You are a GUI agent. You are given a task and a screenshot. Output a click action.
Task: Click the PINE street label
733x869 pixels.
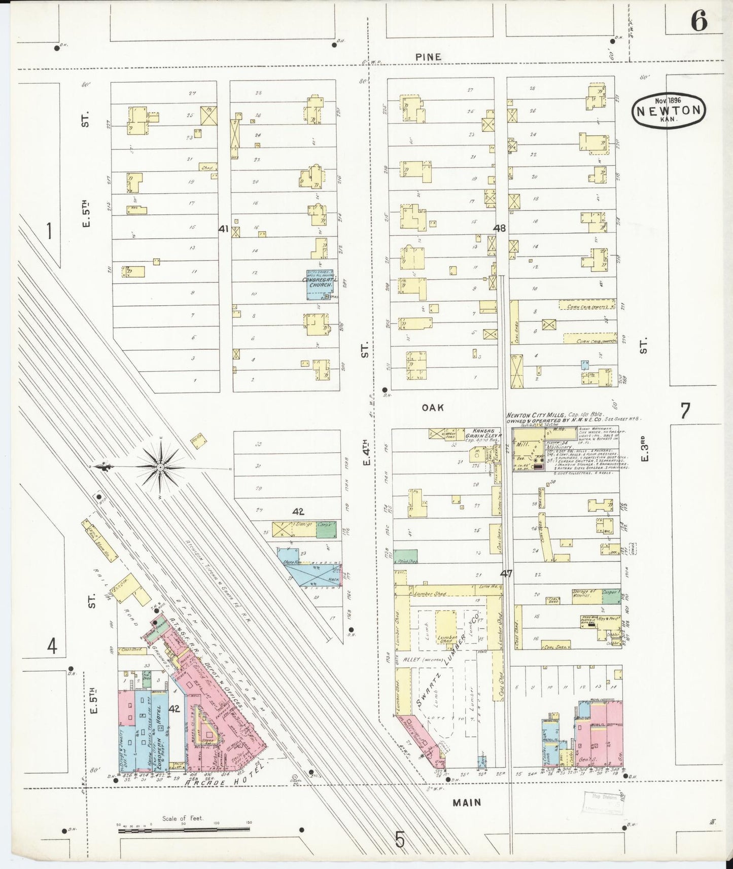point(428,57)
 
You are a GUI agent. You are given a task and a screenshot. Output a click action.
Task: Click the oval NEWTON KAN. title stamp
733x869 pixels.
point(669,110)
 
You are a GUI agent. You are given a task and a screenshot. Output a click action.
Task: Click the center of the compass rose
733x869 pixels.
point(160,466)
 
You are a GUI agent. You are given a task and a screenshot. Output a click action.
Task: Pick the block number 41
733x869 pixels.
point(223,229)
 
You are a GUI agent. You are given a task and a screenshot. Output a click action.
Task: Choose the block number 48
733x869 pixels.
point(499,229)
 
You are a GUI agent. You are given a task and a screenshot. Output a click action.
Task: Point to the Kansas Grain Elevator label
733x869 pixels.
point(486,437)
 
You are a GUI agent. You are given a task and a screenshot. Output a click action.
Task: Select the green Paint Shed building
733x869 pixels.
point(405,557)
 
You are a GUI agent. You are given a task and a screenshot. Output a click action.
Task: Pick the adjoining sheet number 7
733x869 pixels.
point(685,411)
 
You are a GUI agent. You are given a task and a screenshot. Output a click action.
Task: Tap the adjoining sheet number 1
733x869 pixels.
point(49,231)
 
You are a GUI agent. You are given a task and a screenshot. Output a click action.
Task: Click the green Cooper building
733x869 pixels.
point(611,596)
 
